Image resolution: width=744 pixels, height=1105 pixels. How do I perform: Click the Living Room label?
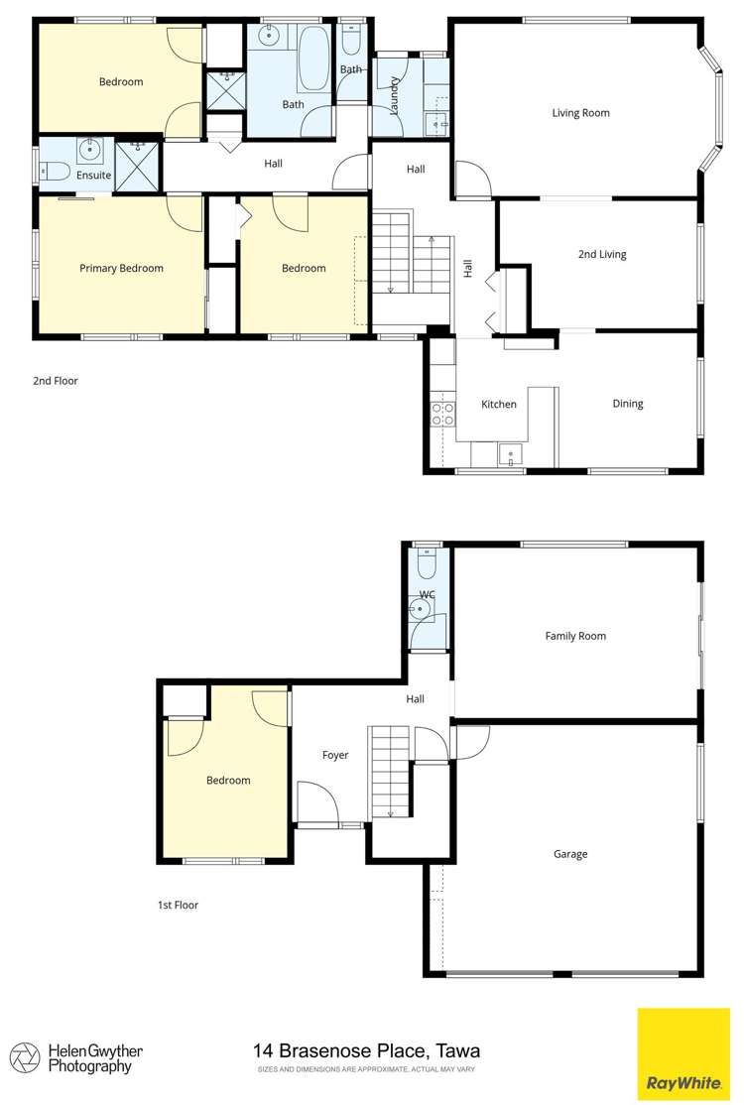(x=580, y=113)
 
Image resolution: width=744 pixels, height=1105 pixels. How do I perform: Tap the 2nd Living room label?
(x=602, y=255)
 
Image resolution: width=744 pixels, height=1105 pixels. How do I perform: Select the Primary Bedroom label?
(x=121, y=268)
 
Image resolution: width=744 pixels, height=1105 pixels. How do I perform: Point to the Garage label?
(x=570, y=854)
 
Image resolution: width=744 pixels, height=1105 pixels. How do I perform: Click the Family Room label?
(x=575, y=636)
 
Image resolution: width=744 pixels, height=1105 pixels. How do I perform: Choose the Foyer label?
(x=335, y=756)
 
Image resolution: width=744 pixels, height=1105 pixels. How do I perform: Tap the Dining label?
(x=627, y=404)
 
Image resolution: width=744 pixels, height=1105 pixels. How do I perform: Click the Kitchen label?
(x=498, y=405)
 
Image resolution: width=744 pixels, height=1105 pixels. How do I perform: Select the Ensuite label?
(x=94, y=176)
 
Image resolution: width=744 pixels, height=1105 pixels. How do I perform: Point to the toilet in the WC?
(x=428, y=566)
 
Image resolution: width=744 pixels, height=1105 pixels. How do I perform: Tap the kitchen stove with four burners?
(x=442, y=414)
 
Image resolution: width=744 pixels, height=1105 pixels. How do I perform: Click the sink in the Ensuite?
(x=90, y=151)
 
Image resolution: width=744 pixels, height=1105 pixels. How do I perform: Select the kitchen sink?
(x=512, y=456)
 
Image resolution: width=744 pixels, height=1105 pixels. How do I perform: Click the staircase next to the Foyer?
(x=389, y=772)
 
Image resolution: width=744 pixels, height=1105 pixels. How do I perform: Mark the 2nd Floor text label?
(x=56, y=381)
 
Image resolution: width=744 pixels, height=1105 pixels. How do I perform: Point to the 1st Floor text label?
(x=178, y=905)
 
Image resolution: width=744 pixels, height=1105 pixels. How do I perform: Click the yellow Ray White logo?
(x=682, y=1054)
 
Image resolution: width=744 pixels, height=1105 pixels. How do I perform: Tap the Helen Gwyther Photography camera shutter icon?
(x=25, y=1057)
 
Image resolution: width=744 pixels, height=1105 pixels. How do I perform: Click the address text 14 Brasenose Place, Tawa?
(x=366, y=1050)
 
